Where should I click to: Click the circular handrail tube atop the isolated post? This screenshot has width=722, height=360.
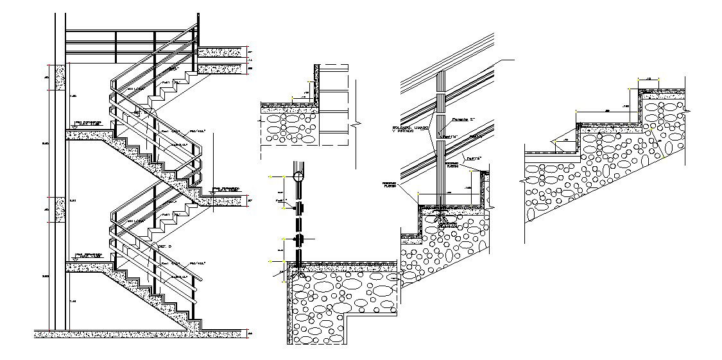tap(298, 174)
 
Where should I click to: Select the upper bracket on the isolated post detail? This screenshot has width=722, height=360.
tap(298, 208)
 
